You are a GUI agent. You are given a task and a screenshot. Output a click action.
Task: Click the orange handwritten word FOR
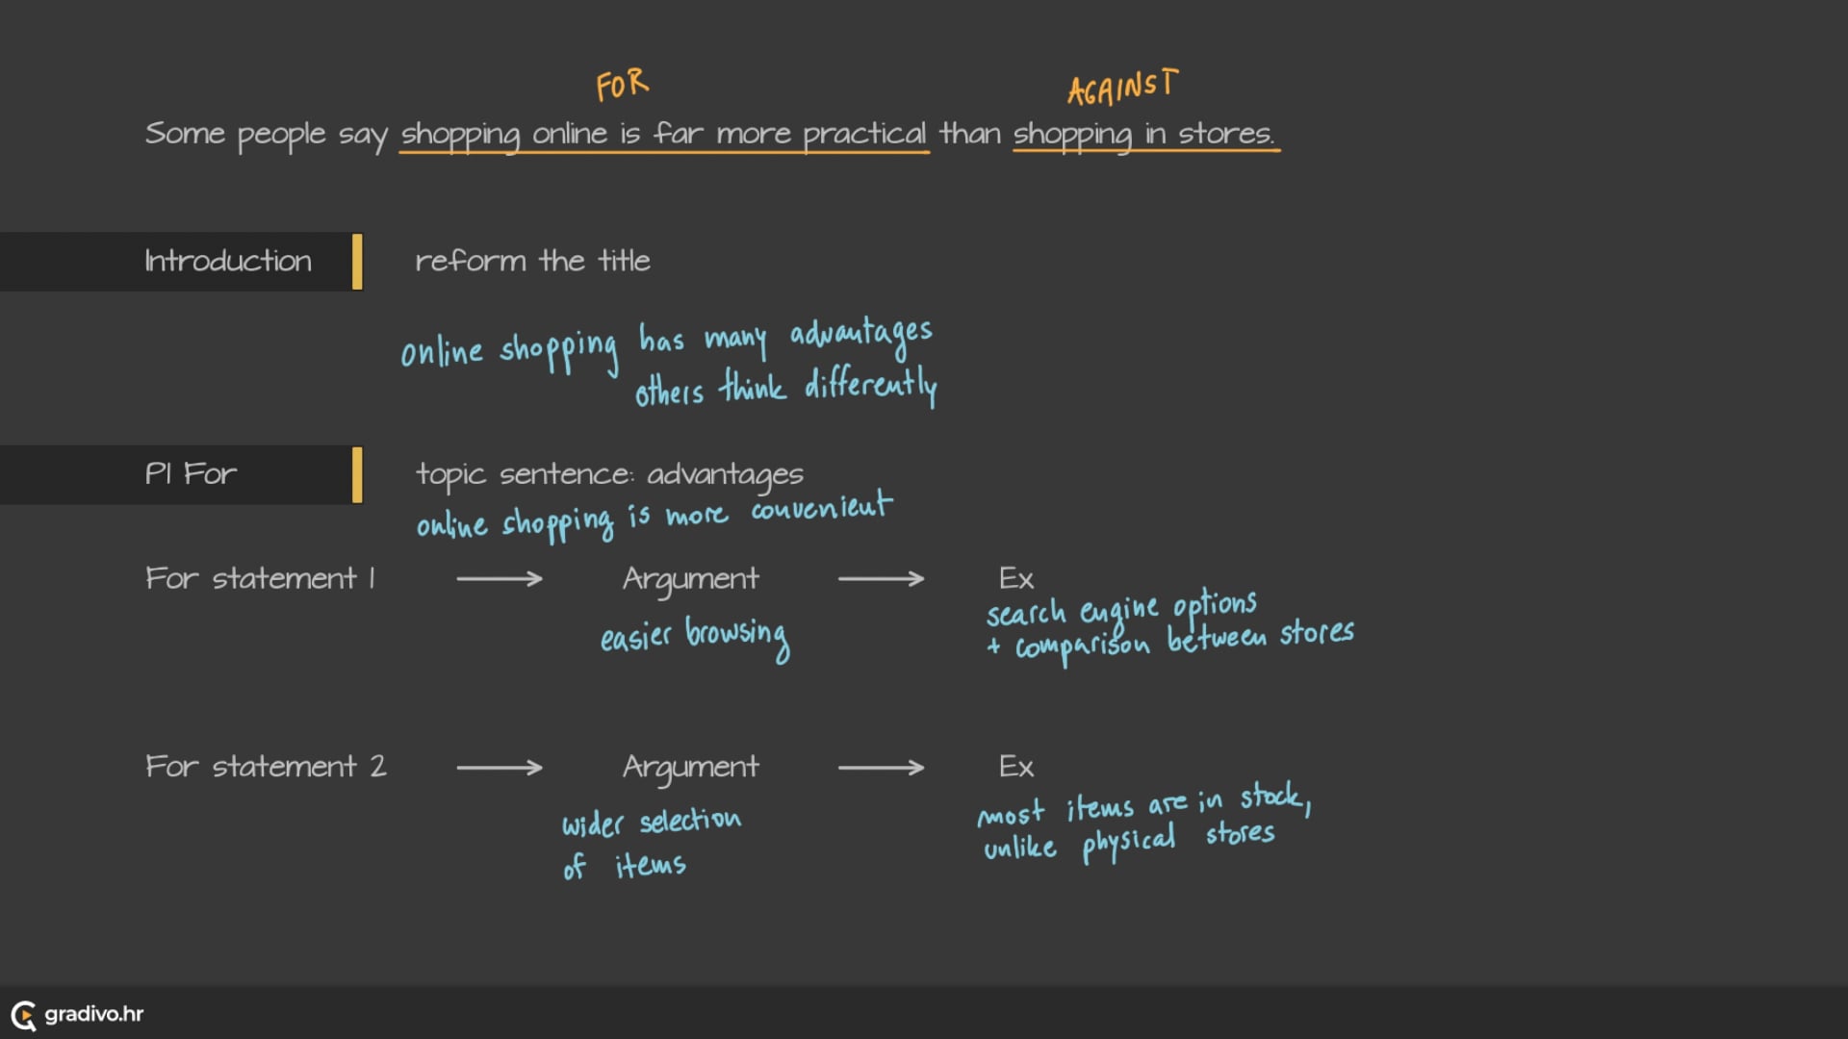622,86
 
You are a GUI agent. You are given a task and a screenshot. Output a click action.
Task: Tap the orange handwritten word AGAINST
1121,88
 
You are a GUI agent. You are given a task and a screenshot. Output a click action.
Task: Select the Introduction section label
228,261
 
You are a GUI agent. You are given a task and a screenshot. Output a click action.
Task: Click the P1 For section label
191,473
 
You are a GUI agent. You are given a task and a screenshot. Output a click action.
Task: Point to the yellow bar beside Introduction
357,261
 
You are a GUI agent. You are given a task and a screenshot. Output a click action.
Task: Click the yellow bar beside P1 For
357,474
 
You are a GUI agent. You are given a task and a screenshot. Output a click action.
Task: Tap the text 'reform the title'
532,261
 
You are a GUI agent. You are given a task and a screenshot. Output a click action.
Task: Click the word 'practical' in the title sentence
863,134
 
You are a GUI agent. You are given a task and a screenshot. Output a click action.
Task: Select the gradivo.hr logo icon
23,1014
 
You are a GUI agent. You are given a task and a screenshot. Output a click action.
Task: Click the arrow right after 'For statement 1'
499,578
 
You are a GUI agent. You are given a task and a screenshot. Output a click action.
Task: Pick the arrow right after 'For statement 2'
499,767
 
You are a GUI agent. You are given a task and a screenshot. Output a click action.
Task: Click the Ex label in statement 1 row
1015,578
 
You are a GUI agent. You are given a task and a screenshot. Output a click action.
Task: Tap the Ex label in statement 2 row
1015,767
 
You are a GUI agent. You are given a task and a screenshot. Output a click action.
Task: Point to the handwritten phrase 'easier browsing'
694,636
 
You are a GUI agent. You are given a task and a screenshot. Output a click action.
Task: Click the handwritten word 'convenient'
821,507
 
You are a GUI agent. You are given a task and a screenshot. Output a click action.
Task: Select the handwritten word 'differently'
870,385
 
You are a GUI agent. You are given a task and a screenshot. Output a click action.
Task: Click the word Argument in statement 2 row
690,767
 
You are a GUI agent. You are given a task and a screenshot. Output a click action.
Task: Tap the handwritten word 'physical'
1128,843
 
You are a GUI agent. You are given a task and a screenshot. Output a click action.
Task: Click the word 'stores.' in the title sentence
1226,134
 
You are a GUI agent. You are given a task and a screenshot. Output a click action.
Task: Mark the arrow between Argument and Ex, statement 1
881,578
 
